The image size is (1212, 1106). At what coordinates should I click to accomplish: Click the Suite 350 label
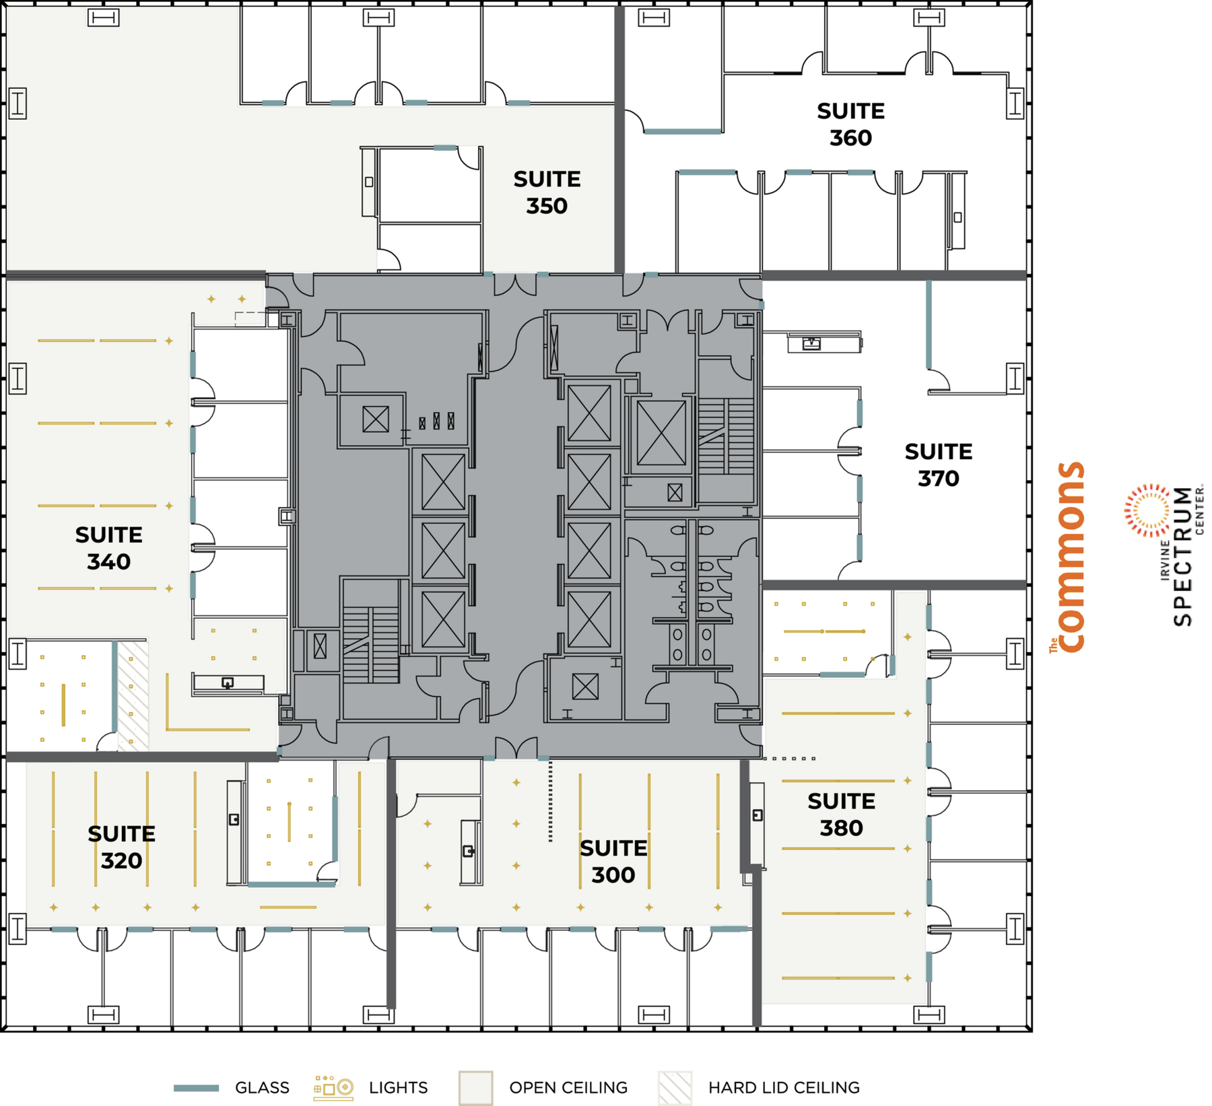546,193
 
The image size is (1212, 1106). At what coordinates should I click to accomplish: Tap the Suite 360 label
850,125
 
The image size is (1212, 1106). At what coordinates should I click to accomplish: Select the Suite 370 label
938,465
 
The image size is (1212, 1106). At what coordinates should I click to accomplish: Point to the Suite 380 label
841,815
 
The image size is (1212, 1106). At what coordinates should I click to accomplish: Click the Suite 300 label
613,862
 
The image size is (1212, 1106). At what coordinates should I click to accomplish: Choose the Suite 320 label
121,848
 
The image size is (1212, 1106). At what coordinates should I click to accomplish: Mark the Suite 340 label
108,549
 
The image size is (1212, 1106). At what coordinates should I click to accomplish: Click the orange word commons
1070,557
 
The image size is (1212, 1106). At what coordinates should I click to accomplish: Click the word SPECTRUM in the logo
1182,557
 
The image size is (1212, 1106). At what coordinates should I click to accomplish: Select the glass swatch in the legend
196,1088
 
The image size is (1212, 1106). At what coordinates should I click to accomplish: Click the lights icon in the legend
333,1087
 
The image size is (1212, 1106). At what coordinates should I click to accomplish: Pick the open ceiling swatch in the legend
475,1088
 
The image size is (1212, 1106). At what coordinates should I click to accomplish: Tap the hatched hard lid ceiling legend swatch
675,1088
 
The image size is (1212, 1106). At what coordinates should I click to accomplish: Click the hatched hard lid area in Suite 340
133,696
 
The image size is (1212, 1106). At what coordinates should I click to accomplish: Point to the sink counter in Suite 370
823,343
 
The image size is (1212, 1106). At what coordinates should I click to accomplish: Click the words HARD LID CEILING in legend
783,1088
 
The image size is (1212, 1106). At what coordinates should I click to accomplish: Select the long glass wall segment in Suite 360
682,132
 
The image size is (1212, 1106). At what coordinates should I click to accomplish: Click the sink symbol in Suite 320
234,819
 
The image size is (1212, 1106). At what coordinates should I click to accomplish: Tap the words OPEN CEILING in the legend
568,1088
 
